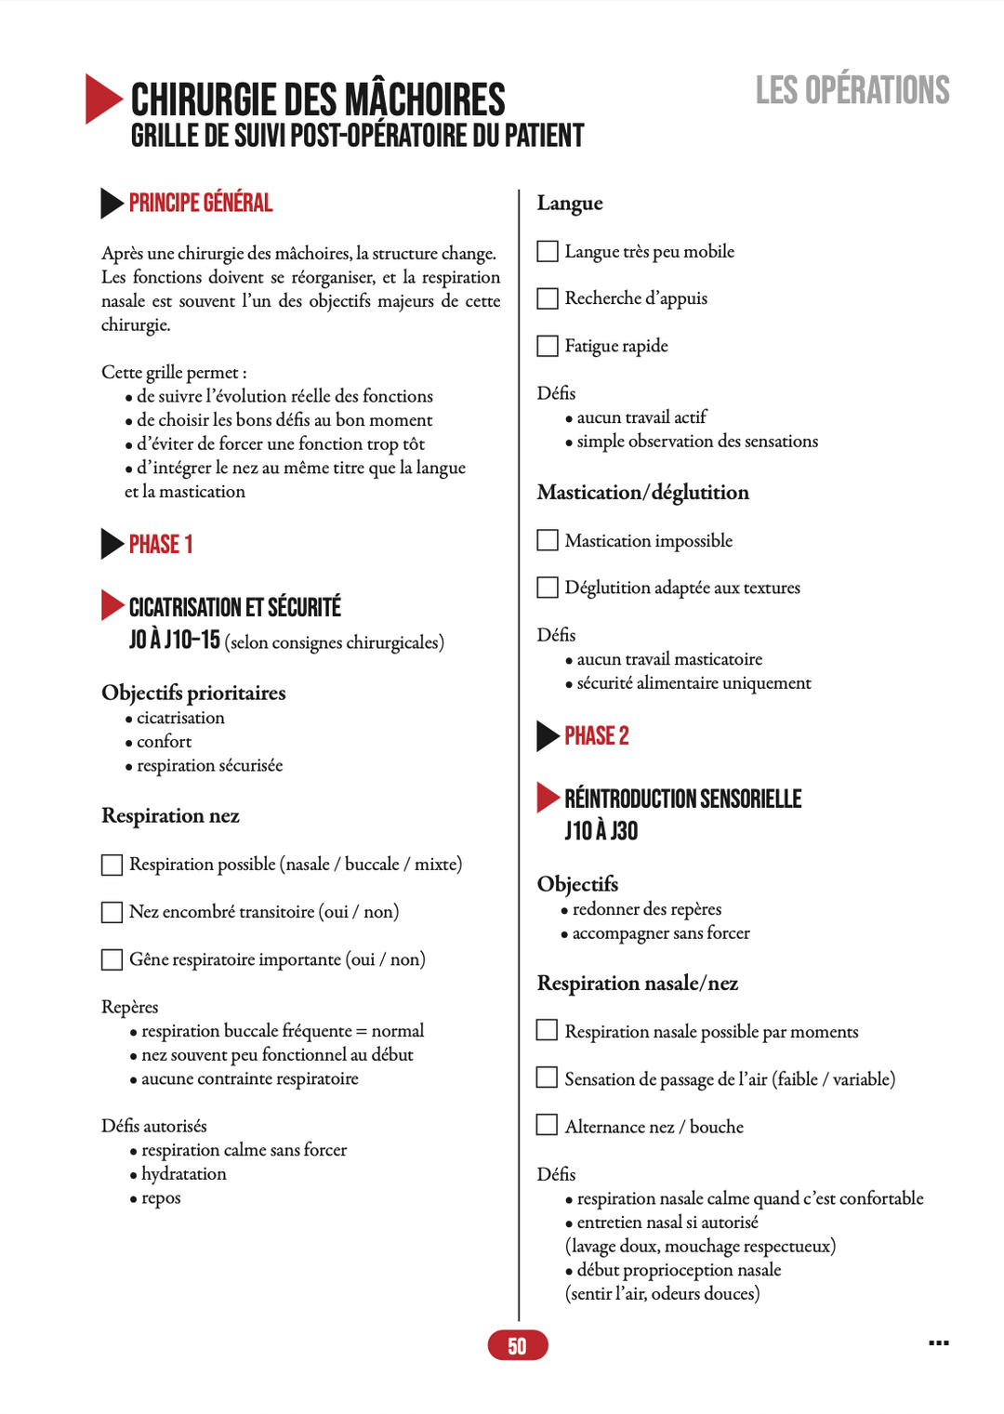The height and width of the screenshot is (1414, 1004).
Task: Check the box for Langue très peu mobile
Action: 548,251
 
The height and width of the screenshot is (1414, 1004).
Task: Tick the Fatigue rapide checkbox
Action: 548,346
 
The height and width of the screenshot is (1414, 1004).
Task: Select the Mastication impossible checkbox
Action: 548,540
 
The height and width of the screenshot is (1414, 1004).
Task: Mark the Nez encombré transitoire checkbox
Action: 112,912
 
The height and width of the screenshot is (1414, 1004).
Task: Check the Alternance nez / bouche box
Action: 548,1126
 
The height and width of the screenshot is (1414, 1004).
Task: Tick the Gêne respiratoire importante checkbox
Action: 112,959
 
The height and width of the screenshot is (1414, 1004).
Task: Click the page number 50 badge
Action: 518,1345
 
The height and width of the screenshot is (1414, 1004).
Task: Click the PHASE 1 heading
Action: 161,544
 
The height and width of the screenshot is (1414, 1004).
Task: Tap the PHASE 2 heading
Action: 596,735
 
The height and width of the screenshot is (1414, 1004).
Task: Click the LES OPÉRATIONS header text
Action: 852,90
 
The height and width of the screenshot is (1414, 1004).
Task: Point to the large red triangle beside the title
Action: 102,99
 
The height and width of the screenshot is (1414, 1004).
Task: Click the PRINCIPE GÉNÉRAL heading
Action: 200,203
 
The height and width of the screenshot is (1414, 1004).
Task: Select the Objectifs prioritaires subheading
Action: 193,693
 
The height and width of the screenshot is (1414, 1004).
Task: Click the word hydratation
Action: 184,1174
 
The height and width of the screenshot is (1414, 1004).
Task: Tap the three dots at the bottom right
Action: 939,1342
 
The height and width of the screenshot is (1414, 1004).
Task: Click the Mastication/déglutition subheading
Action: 642,492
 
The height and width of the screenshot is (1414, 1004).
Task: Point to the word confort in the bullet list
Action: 164,742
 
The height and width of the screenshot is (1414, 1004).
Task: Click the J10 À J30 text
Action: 601,830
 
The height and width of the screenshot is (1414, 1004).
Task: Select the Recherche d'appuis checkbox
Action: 548,298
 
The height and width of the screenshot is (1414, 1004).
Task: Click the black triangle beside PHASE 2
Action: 547,735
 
